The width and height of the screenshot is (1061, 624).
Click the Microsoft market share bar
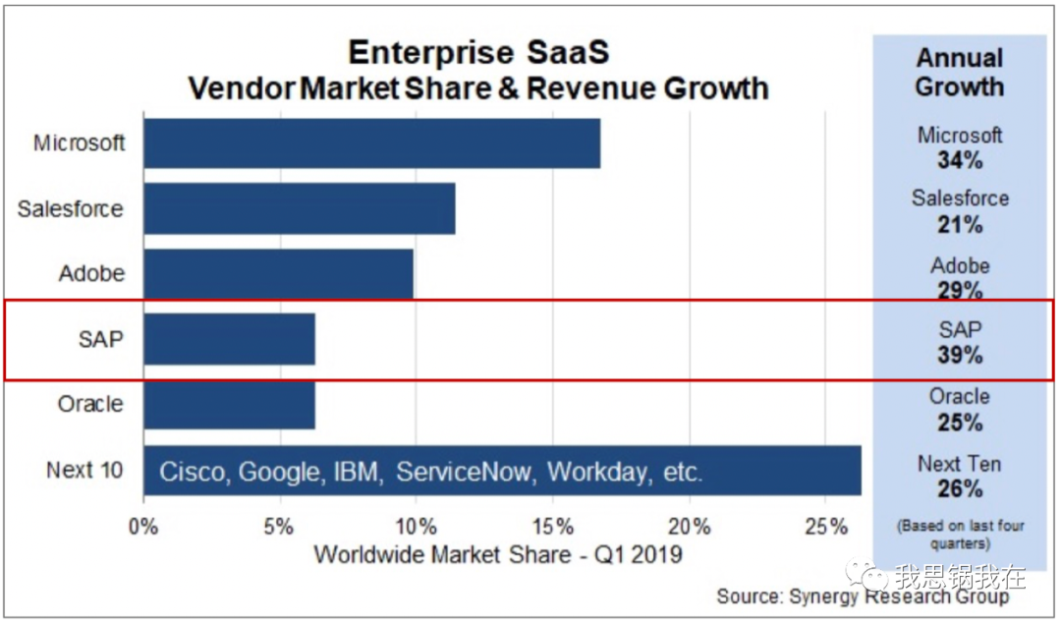coord(371,143)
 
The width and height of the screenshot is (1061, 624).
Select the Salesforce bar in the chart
coord(299,208)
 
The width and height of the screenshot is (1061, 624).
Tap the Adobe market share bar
coord(278,273)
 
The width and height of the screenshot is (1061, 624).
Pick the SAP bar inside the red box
coord(229,339)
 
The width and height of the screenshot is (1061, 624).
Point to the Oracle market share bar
coord(229,404)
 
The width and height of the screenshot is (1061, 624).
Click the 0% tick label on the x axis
coord(143,527)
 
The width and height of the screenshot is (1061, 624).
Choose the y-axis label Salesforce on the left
coord(71,208)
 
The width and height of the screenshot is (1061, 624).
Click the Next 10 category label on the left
coord(84,470)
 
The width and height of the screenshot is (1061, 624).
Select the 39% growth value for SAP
coord(960,355)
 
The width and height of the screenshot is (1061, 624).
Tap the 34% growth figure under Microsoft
coord(960,159)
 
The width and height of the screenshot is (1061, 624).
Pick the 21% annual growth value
coord(960,224)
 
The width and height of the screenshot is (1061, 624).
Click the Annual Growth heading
coord(959,72)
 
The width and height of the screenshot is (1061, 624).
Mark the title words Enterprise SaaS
coord(478,51)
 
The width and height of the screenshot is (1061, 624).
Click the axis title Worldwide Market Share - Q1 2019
coord(497,555)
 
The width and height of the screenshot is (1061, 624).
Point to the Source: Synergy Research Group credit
coord(863,596)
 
